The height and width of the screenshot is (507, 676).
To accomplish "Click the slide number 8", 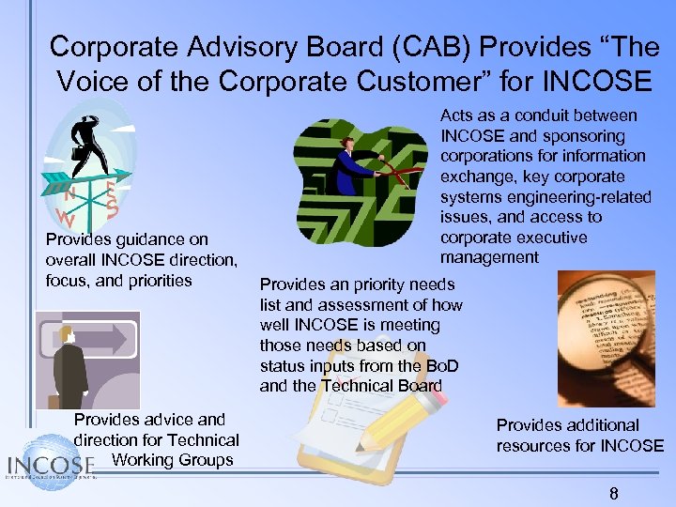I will point(614,494).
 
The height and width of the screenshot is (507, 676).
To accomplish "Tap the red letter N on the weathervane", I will point(69,196).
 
